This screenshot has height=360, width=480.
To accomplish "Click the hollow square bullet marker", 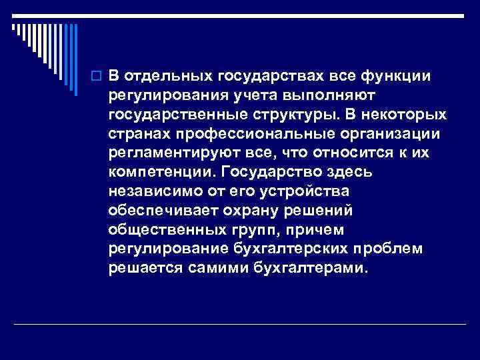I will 97,75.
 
